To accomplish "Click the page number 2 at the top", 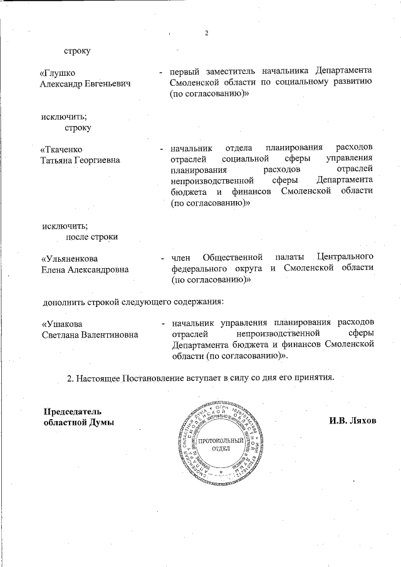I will pos(206,33).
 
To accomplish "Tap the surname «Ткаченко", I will pos(61,150).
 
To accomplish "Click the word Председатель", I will pos(71,412).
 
